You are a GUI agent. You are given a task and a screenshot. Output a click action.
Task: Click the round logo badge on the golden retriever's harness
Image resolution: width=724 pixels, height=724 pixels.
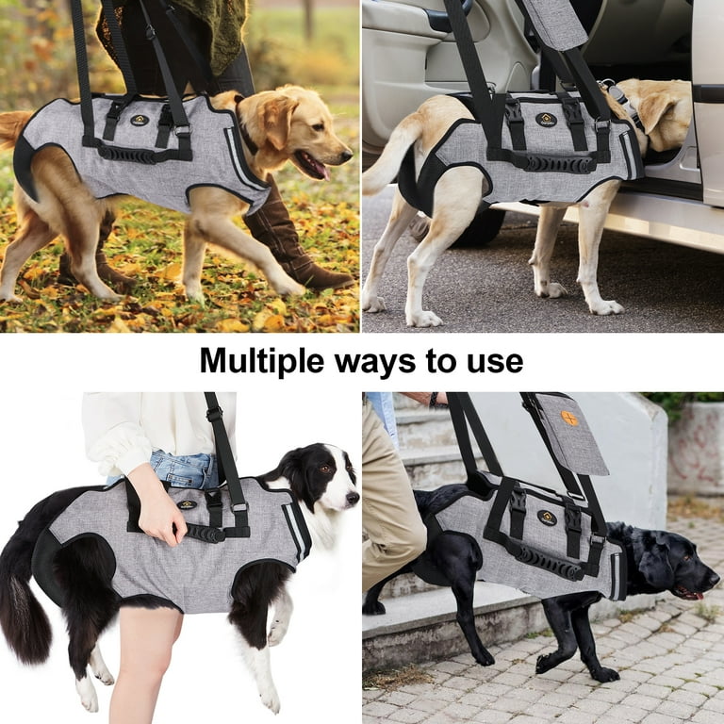tap(139, 120)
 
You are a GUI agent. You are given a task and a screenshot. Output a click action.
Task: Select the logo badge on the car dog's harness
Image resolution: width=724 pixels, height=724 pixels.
tap(546, 120)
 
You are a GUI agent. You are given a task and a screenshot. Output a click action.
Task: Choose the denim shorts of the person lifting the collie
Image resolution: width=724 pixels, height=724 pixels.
tap(184, 468)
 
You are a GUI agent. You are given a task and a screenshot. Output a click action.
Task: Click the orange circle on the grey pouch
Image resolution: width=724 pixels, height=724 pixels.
tap(569, 418)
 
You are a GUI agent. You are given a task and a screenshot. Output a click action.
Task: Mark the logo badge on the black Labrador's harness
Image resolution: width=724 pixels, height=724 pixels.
tap(547, 518)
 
